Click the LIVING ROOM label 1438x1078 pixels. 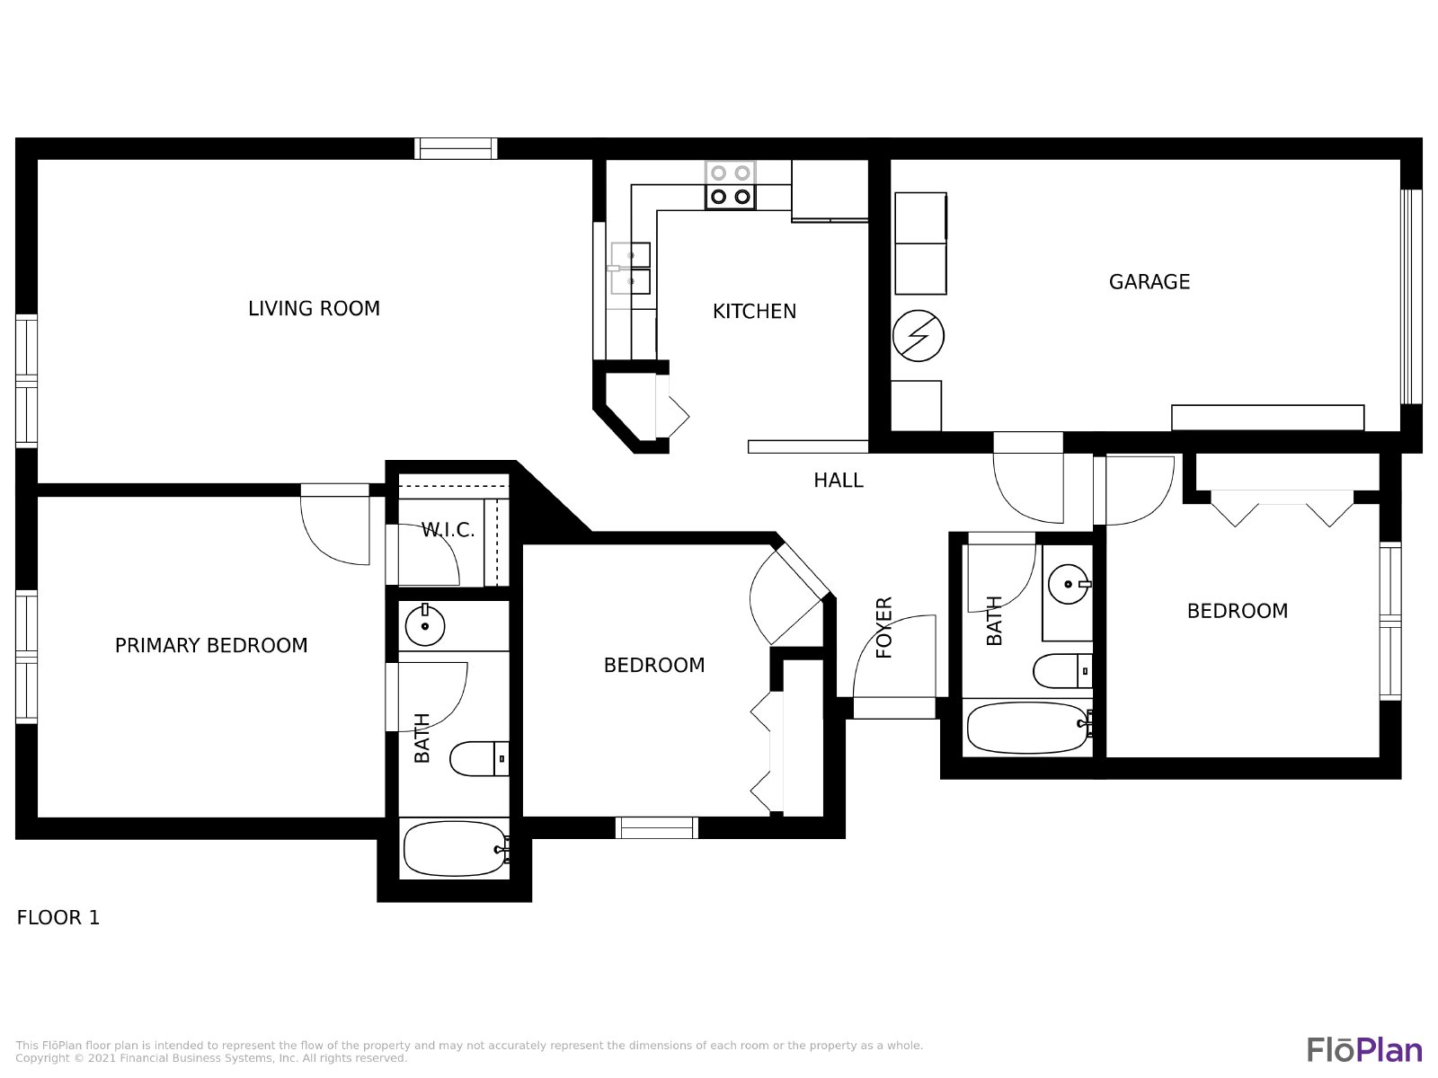[314, 308]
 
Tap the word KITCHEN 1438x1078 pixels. [754, 312]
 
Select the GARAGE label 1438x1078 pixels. [1150, 282]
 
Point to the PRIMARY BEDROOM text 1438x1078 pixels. [211, 645]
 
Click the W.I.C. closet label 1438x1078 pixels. [448, 530]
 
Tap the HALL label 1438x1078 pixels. [838, 481]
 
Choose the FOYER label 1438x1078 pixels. [883, 627]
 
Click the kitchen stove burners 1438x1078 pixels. [730, 185]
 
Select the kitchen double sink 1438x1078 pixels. [630, 269]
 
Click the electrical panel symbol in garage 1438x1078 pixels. [918, 336]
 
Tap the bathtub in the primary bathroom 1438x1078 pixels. [456, 848]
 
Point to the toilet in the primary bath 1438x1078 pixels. [479, 758]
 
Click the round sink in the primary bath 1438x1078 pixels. [425, 626]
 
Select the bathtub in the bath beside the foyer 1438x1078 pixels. [1028, 727]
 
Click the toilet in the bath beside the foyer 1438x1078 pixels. [1062, 671]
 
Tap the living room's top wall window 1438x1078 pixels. [456, 148]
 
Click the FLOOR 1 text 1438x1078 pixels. [58, 917]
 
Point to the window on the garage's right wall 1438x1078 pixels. [1411, 296]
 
